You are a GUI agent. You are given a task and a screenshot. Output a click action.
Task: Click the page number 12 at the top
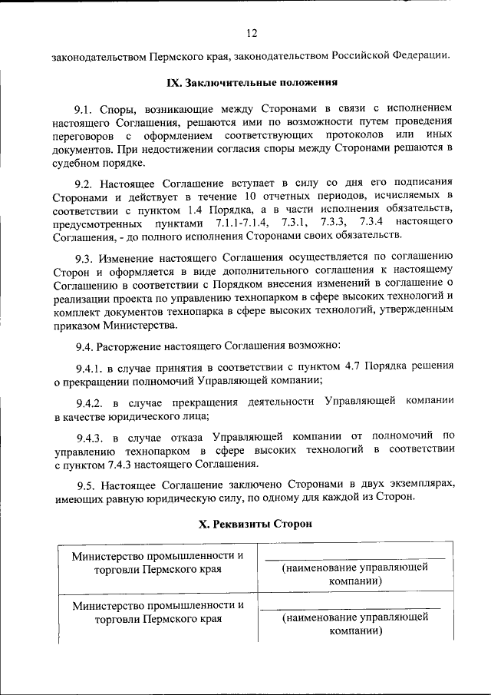251,32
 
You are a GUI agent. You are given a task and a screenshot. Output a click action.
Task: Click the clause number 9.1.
84,108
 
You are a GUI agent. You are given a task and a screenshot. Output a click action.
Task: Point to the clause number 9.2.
84,184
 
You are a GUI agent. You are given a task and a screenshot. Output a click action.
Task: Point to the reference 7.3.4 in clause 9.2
370,221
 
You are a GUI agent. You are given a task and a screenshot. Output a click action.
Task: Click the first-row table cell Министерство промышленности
157,562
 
